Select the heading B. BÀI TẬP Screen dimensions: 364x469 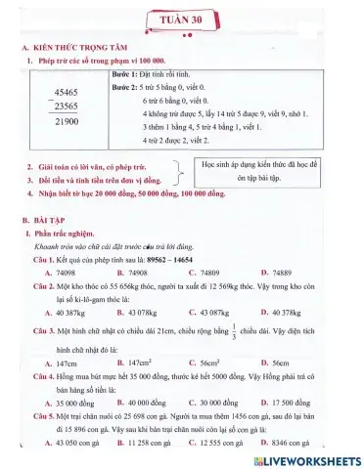pyautogui.click(x=46, y=223)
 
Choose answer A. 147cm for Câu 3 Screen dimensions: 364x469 pyautogui.click(x=49, y=361)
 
